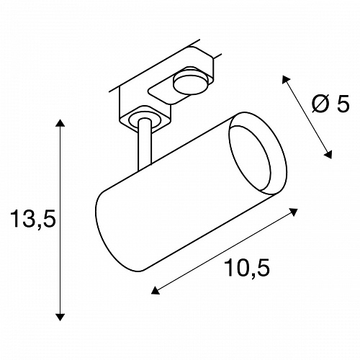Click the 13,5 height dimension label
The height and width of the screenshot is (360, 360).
pos(33,218)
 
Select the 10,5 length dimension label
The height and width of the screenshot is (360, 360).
pos(247,268)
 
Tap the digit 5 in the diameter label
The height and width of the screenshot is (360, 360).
pos(343,103)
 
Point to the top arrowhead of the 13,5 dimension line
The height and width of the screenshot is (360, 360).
pos(60,123)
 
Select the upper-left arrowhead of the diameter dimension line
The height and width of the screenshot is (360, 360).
pos(286,79)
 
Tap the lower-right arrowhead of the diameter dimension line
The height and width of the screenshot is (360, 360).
pos(328,155)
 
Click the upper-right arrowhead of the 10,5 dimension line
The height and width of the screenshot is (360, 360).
pos(293,212)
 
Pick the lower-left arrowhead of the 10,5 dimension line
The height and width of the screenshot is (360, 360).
pos(156,291)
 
